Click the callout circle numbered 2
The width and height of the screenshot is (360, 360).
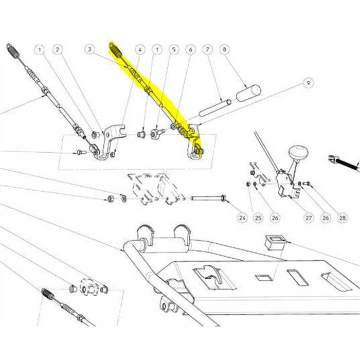57,50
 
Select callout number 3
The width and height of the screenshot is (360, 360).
89,50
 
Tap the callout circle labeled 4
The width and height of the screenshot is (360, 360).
140,50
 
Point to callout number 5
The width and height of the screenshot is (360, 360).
174,50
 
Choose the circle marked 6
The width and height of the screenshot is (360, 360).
191,50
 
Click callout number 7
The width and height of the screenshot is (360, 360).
208,50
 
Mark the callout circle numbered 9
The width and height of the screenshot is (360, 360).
308,82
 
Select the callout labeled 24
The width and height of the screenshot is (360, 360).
242,218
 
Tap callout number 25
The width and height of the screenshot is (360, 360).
258,218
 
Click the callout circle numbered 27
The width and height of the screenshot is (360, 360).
309,218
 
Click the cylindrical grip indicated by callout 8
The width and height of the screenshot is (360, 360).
248,94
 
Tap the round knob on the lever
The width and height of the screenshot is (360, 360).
297,153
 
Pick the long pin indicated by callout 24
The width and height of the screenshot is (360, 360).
208,197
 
